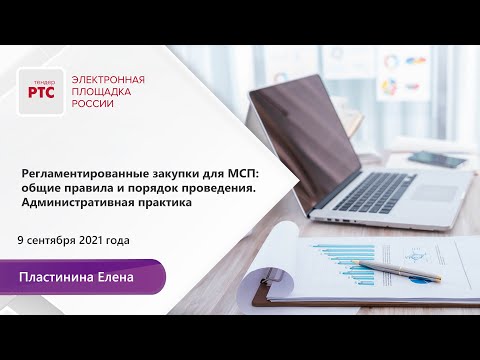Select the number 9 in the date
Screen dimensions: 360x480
(x=22, y=241)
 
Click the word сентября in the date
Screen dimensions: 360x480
(x=52, y=241)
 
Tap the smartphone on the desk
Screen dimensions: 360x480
(x=436, y=159)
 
